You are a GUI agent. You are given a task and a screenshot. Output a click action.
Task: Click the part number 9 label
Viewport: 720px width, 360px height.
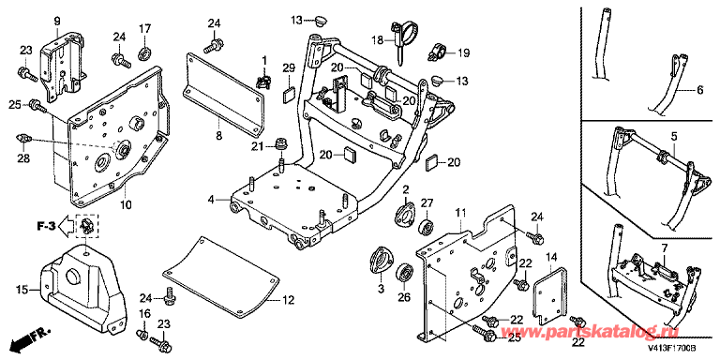[57, 21]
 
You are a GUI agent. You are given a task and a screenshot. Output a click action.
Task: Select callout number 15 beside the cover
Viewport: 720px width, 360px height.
[22, 290]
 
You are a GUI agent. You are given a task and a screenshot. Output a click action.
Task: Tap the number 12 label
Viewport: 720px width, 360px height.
[288, 300]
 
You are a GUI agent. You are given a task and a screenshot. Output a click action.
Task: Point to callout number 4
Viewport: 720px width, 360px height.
[211, 200]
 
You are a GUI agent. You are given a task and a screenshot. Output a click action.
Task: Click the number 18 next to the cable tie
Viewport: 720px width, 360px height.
[378, 41]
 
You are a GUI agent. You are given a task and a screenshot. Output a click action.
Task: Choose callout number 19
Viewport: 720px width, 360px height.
[463, 53]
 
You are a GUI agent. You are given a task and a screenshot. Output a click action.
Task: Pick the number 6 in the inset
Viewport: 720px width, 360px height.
[699, 91]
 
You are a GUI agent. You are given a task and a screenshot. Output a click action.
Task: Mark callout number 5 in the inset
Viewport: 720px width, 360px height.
[674, 136]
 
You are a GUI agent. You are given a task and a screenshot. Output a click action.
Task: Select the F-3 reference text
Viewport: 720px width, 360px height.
[46, 226]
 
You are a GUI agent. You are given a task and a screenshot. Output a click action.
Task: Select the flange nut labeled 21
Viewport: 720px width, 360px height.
[280, 144]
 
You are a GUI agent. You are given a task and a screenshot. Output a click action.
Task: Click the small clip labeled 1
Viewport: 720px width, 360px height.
[262, 82]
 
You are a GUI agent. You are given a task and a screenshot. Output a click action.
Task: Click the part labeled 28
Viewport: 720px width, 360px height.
[22, 138]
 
